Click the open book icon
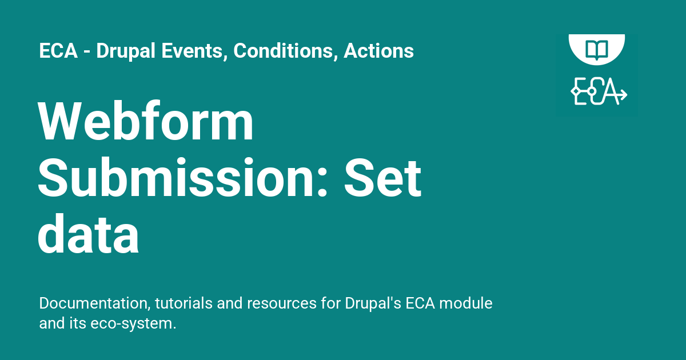point(597,50)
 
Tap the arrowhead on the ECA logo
point(623,94)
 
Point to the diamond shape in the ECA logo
point(576,91)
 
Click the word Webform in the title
point(145,121)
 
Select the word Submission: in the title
point(182,178)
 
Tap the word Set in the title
point(382,178)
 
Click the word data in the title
point(88,234)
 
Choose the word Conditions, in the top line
point(285,51)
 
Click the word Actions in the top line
point(378,51)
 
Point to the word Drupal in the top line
point(126,51)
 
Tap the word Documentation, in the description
point(95,303)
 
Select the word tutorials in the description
point(184,303)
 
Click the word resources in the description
point(282,304)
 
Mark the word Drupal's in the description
point(373,304)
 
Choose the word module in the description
point(466,303)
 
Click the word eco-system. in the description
point(133,324)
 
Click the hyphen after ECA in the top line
point(87,53)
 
